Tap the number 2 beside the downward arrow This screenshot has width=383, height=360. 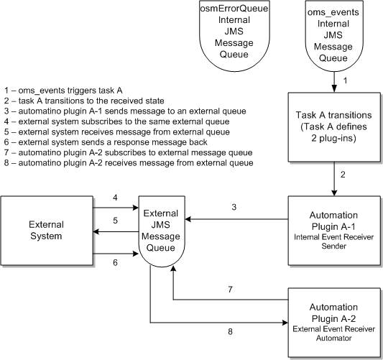[344, 175]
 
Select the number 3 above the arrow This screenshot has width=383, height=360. [234, 208]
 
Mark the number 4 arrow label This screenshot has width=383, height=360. [116, 196]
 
